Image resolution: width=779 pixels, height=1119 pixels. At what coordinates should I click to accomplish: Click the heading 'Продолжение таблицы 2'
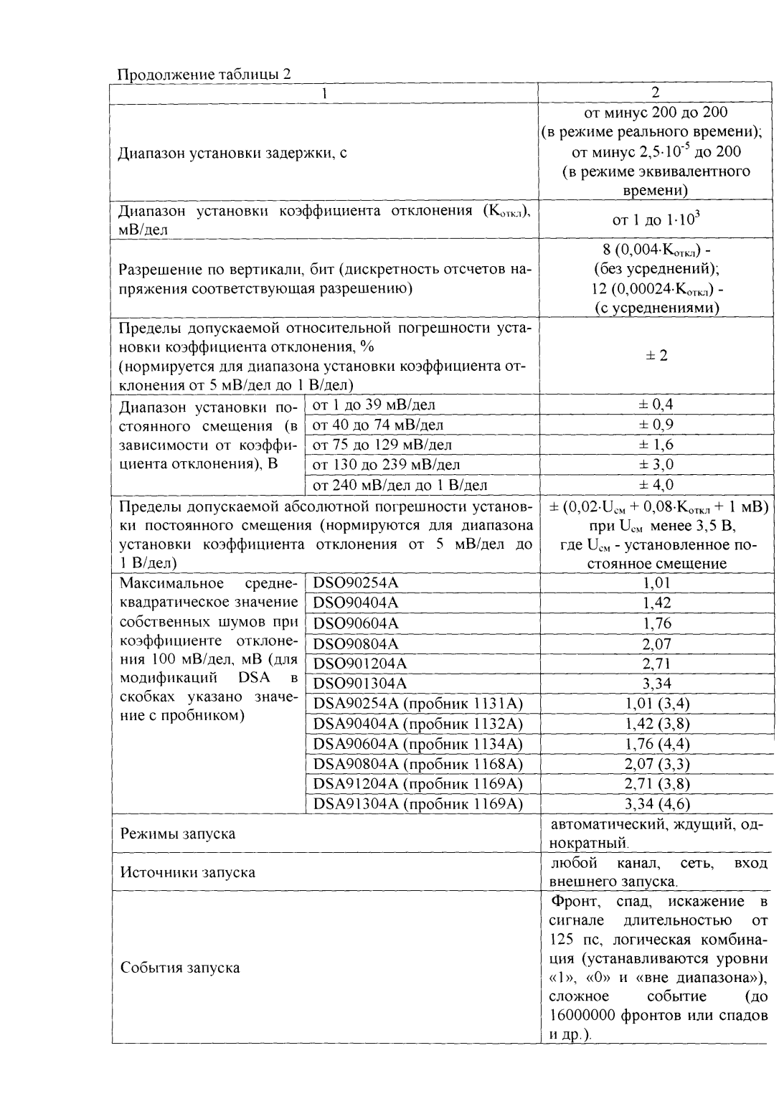[x=204, y=75]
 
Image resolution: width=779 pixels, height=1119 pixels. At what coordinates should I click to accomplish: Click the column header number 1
[x=324, y=93]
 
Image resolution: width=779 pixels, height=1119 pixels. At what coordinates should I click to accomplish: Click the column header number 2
[x=654, y=93]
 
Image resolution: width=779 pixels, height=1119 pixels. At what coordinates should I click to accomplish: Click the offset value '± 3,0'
[x=656, y=465]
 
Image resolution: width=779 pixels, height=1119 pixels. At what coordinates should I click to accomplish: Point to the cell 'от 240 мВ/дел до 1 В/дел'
[x=400, y=485]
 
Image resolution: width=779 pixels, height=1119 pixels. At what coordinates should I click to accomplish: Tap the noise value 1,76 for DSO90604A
[x=656, y=623]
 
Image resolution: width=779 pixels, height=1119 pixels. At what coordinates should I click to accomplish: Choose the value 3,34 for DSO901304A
[x=656, y=683]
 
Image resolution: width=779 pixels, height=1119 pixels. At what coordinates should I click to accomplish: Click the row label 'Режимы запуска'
[x=177, y=834]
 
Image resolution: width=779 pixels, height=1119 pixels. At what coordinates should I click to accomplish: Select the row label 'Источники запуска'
[x=187, y=872]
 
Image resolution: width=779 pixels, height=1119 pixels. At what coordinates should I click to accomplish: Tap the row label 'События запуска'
[x=180, y=968]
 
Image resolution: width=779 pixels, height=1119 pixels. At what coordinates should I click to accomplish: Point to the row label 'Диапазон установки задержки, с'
[x=232, y=153]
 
